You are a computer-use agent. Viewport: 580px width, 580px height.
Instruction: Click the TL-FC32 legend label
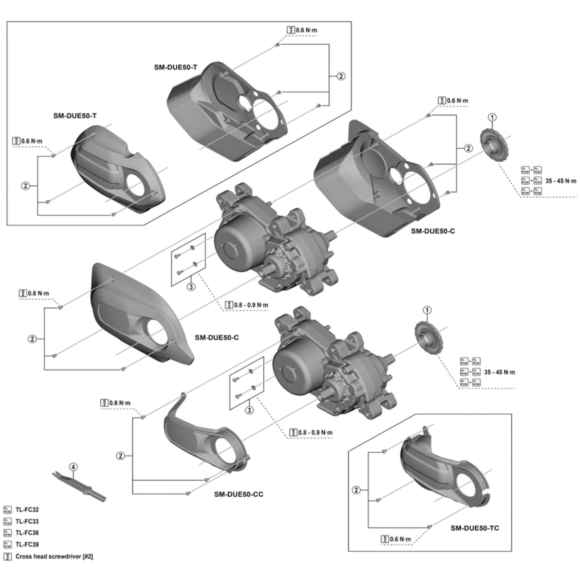pyautogui.click(x=27, y=510)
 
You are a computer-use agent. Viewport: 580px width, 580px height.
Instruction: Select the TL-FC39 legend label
pyautogui.click(x=27, y=544)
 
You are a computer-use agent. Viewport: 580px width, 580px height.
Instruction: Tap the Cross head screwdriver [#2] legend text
pyautogui.click(x=54, y=556)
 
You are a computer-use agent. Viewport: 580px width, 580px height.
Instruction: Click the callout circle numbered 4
pyautogui.click(x=73, y=467)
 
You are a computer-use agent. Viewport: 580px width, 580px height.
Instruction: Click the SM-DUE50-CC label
pyautogui.click(x=238, y=494)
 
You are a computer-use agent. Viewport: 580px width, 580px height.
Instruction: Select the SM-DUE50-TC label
pyautogui.click(x=475, y=528)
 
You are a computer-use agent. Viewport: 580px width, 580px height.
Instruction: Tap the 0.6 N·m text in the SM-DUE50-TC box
pyautogui.click(x=400, y=539)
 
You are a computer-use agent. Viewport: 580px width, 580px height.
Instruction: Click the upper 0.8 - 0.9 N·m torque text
pyautogui.click(x=251, y=305)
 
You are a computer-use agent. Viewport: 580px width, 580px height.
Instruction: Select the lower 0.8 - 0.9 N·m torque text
pyautogui.click(x=315, y=433)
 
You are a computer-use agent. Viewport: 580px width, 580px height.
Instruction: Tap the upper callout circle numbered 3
pyautogui.click(x=191, y=287)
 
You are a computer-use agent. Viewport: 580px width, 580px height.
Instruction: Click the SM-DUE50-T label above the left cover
pyautogui.click(x=75, y=116)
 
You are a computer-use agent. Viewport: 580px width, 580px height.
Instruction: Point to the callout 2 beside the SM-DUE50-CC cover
pyautogui.click(x=120, y=456)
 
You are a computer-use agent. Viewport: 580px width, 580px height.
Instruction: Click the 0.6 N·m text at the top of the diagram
pyautogui.click(x=306, y=30)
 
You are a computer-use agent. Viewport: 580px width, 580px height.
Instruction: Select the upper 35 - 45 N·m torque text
pyautogui.click(x=561, y=181)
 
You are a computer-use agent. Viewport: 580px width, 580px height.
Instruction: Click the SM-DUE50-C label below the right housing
pyautogui.click(x=433, y=231)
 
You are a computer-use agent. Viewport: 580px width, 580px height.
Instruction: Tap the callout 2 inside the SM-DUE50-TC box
pyautogui.click(x=356, y=490)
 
